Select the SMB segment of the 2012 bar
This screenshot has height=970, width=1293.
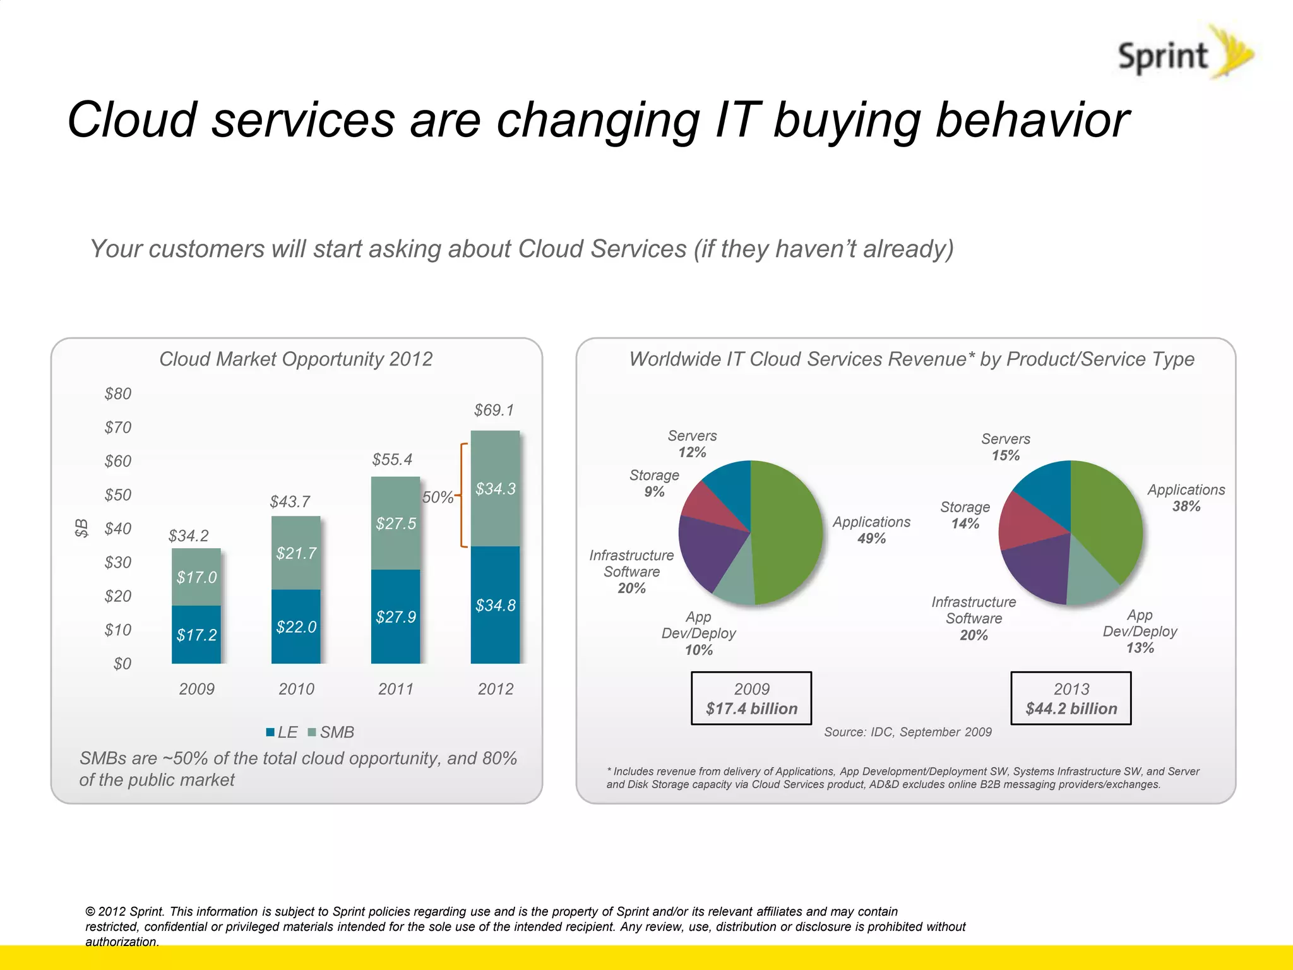(x=496, y=488)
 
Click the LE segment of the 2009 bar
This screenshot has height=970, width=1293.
(x=196, y=634)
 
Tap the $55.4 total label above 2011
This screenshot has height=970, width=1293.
(x=392, y=459)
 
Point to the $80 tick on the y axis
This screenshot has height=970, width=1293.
(x=118, y=394)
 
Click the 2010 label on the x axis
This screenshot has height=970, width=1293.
(x=296, y=689)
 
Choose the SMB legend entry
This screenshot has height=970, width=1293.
(x=331, y=732)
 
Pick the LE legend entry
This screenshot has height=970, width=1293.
(x=282, y=732)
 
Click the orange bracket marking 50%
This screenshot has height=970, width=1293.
(x=463, y=495)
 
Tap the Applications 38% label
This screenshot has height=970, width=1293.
(x=1186, y=498)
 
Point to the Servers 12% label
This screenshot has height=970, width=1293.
(x=692, y=444)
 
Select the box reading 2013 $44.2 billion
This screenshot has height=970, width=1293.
(x=1071, y=698)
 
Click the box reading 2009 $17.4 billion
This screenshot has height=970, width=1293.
(x=751, y=698)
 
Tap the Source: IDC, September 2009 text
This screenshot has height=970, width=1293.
(x=907, y=732)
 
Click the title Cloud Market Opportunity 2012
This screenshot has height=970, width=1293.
(x=295, y=359)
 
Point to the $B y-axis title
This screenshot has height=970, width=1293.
(x=81, y=527)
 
